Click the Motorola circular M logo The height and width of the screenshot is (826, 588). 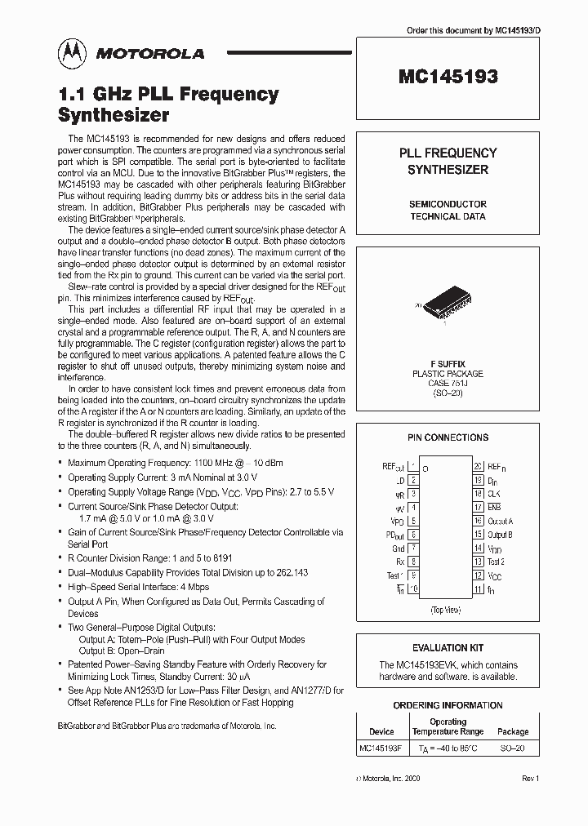(72, 53)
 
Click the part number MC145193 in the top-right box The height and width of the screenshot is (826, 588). (448, 78)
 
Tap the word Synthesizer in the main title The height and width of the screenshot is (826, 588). (114, 114)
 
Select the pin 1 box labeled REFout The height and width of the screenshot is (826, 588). (414, 467)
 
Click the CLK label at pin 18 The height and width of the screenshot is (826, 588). (494, 494)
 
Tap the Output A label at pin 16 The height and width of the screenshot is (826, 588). (500, 521)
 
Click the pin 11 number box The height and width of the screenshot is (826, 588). (479, 588)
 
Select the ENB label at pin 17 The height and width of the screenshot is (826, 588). (494, 507)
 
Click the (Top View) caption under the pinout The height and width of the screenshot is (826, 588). (447, 610)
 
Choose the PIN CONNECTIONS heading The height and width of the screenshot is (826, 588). (448, 437)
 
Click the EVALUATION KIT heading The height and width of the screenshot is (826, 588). (448, 647)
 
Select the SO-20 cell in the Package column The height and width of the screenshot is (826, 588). (513, 747)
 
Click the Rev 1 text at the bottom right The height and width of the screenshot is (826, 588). (530, 779)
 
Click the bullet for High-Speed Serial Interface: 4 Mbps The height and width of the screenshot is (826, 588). (63, 587)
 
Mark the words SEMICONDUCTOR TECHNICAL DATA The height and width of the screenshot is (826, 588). (448, 210)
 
